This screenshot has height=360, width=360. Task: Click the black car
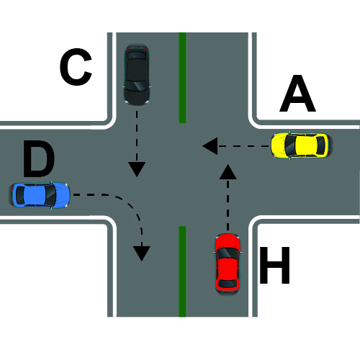coord(137,74)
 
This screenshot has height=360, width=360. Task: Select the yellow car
coord(302,145)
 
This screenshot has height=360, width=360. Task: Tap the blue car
coord(39,195)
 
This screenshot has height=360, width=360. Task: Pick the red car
coord(228,264)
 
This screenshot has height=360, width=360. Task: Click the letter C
coord(76,67)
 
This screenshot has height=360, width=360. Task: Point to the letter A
coord(297,94)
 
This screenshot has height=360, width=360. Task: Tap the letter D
coord(39,158)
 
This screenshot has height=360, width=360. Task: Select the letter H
coord(275,265)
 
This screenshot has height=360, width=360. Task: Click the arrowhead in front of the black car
coord(137,169)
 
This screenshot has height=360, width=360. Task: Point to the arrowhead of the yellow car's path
coord(210,146)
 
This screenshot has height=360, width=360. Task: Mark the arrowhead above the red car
coord(228,171)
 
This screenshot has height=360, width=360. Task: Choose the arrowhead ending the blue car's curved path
coord(142,253)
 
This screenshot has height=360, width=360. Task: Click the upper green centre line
coord(182,78)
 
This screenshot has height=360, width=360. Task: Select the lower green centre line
coord(182,271)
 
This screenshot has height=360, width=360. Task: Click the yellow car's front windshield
coord(289,145)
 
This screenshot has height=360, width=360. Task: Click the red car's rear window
coord(228,283)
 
